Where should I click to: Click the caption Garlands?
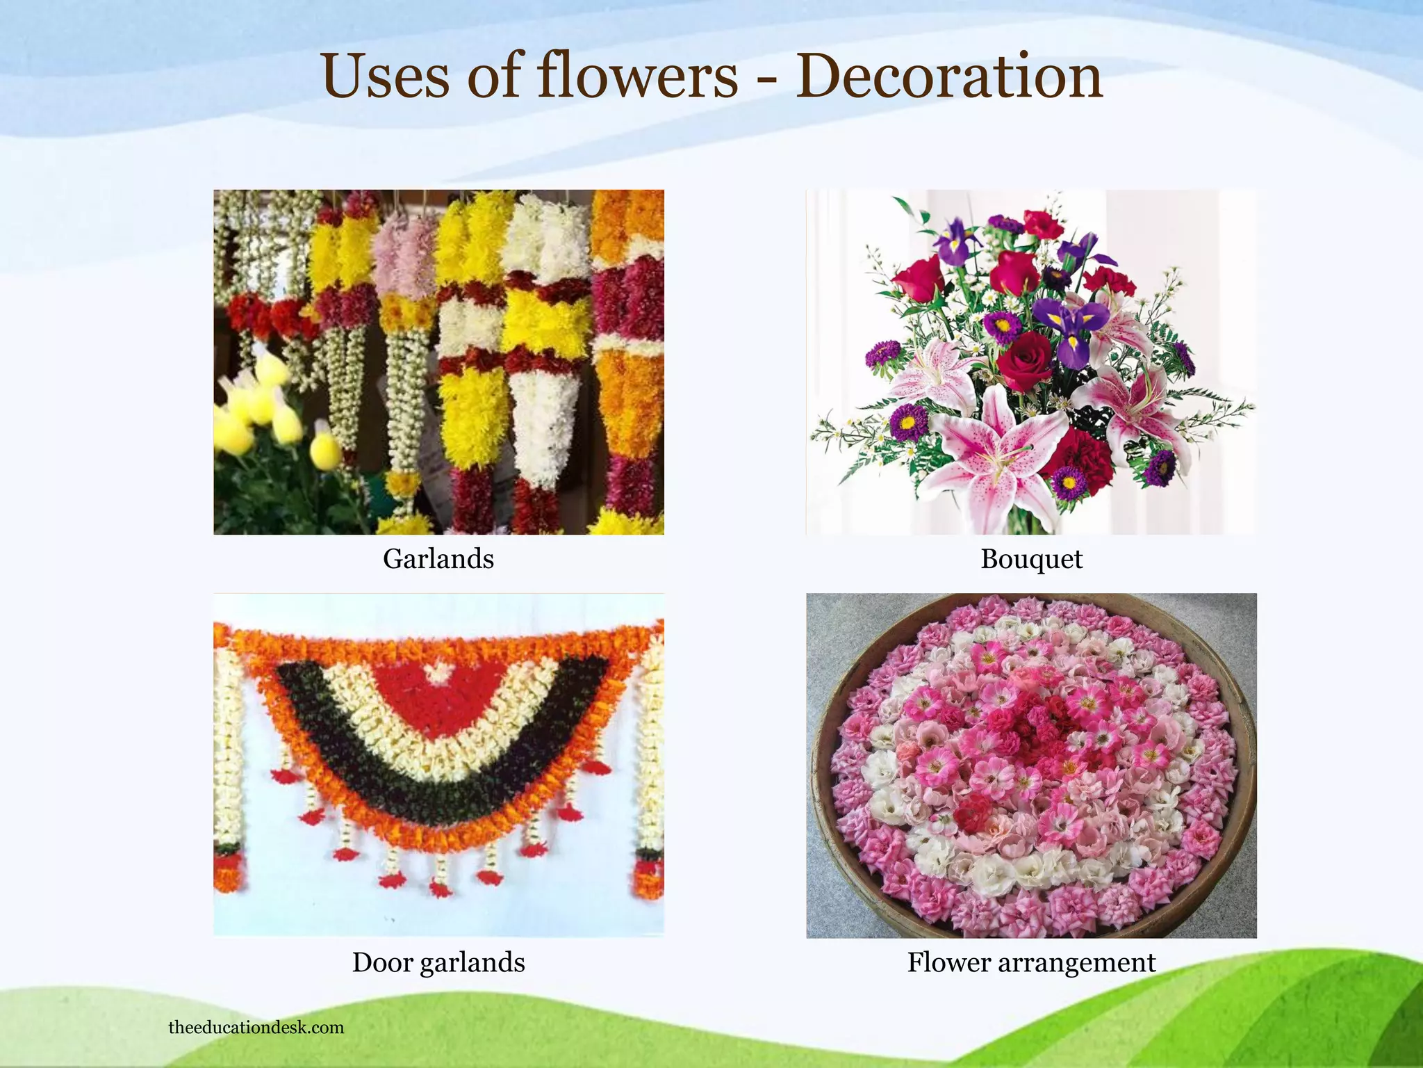438,559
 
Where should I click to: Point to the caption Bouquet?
1031,559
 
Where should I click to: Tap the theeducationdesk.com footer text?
256,1028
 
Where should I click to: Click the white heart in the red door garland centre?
438,671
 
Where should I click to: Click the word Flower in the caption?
948,962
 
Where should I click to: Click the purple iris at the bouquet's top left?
955,240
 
